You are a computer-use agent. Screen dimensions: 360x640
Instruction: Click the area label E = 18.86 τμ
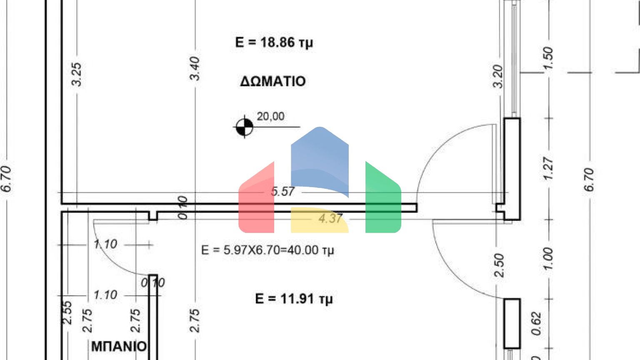(x=274, y=42)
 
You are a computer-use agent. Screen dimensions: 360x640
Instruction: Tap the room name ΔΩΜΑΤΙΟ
(x=273, y=81)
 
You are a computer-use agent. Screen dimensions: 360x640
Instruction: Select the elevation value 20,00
(x=270, y=116)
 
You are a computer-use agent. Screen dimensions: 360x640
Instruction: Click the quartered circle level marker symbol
(x=244, y=127)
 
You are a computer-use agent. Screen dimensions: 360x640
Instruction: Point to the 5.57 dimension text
(x=282, y=192)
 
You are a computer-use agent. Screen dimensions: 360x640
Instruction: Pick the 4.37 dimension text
(x=330, y=218)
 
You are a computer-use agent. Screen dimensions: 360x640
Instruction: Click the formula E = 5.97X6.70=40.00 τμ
(x=267, y=250)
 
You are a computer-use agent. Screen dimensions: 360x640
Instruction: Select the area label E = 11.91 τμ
(x=294, y=299)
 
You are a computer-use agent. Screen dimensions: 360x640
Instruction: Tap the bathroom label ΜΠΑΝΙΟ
(x=119, y=346)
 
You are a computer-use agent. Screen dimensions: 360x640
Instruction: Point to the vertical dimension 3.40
(x=194, y=68)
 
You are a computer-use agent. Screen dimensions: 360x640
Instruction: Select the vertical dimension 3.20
(x=498, y=76)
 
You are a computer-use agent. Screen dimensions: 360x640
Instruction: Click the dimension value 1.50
(x=548, y=58)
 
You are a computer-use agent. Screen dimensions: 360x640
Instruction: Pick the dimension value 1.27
(x=548, y=169)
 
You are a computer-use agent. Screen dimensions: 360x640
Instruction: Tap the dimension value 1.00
(x=548, y=259)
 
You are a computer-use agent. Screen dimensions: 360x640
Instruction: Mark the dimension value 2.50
(x=499, y=265)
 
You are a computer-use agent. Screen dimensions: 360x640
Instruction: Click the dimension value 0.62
(x=536, y=324)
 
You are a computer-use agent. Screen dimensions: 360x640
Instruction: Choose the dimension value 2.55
(x=67, y=312)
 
